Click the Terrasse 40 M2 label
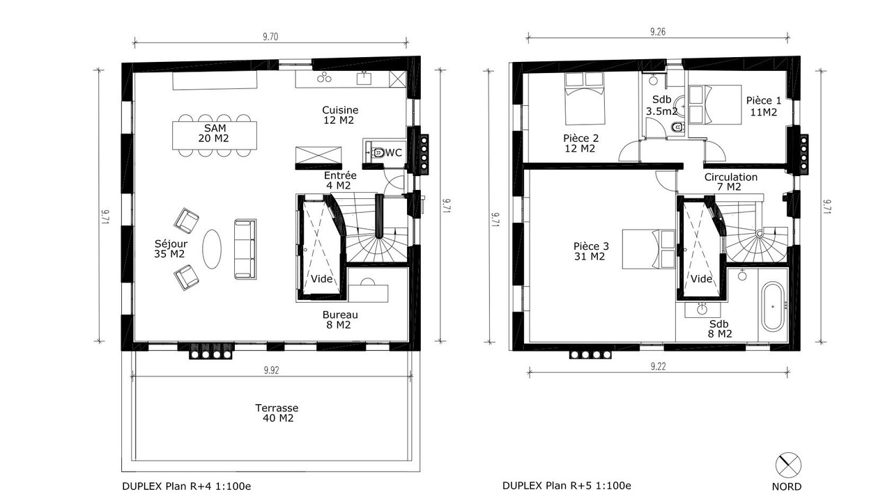point(277,413)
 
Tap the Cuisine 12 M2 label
point(340,115)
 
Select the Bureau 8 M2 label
point(340,319)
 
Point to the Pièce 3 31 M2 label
point(591,251)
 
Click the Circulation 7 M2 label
point(731,182)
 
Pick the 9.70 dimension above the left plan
point(270,37)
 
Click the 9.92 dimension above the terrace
point(271,371)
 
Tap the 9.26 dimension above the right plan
point(658,32)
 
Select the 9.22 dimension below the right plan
point(658,366)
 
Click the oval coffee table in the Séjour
point(212,249)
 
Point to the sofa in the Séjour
point(245,249)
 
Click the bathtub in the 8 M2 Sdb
point(773,306)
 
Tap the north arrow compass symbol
point(788,466)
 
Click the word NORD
point(787,486)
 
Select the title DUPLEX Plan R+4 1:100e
point(186,486)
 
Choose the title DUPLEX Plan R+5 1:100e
point(567,486)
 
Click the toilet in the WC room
point(377,152)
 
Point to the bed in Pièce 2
point(585,98)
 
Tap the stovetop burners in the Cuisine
point(324,77)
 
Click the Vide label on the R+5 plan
point(701,279)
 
